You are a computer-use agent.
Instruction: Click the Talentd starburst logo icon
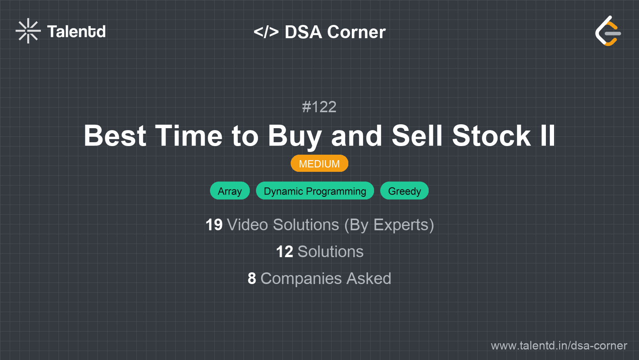28,31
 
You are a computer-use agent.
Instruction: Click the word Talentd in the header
76,32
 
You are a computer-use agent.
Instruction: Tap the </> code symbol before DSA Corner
266,32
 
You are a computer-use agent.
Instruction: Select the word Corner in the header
356,32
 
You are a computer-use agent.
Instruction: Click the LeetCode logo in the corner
608,31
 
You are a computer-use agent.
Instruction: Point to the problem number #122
319,107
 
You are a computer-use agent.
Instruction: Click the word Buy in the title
295,136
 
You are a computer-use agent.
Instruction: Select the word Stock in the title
491,136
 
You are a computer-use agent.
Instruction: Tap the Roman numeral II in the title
547,136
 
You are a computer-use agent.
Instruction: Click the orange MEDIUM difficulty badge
319,164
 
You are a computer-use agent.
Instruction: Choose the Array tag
229,191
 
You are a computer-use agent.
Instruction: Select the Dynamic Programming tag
315,191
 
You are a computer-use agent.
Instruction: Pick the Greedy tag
404,191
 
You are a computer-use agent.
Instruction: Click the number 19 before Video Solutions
214,225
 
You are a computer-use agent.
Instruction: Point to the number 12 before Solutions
284,252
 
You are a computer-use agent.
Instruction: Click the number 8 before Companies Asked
252,279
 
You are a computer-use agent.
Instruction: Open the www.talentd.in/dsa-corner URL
559,346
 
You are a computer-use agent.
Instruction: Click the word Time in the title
189,136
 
